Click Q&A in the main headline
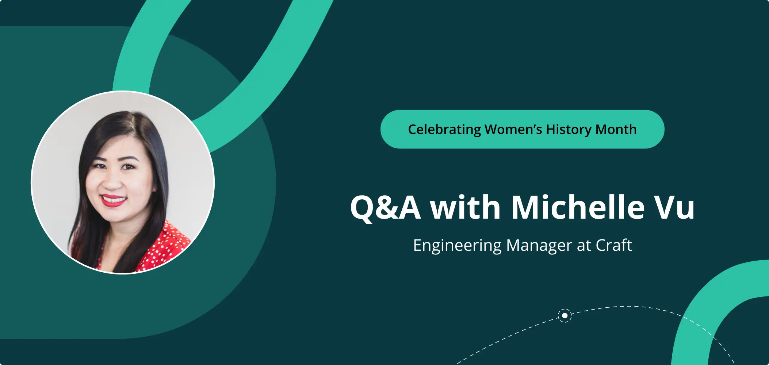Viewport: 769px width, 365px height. click(386, 207)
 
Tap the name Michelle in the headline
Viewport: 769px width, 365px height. click(578, 207)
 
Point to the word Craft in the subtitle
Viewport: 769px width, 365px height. click(614, 245)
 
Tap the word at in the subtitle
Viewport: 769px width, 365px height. click(584, 245)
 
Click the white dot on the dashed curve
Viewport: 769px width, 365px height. click(565, 315)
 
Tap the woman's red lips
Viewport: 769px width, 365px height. click(114, 200)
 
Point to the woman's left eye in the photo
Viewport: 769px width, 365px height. click(128, 166)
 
